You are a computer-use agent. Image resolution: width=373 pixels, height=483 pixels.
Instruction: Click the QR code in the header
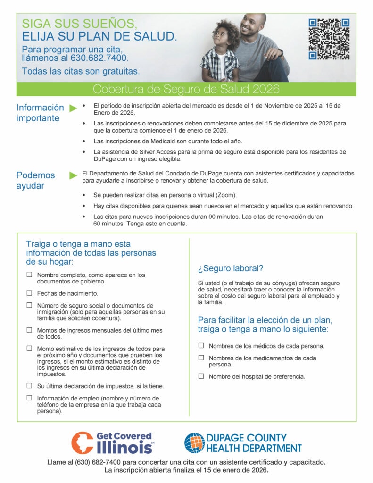tap(329, 39)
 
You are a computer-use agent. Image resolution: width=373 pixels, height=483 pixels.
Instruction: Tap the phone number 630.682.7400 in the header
tap(103, 58)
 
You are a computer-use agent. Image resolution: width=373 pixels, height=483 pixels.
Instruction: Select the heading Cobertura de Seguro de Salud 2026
tap(186, 89)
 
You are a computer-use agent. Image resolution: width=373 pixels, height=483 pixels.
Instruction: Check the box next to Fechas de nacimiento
tap(29, 293)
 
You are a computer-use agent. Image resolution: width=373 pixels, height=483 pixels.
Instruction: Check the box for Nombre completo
tap(29, 274)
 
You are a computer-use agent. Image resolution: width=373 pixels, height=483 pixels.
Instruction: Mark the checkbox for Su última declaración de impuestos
tap(29, 385)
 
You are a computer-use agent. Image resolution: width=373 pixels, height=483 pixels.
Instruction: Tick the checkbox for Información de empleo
tap(29, 398)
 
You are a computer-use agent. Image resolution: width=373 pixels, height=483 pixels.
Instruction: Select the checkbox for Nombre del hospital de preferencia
tap(201, 376)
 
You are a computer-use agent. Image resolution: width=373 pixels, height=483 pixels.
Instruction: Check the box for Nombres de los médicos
tap(201, 345)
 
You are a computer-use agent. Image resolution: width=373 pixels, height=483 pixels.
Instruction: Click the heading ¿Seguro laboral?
tap(230, 268)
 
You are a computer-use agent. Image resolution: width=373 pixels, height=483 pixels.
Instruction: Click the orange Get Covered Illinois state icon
tap(82, 443)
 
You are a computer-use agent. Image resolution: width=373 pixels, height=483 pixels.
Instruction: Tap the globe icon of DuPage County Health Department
tap(194, 443)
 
